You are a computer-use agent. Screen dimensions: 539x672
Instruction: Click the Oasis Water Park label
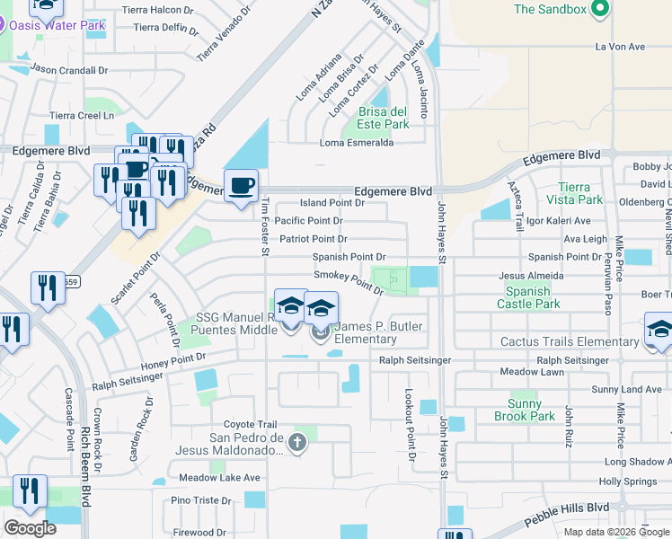tap(57, 25)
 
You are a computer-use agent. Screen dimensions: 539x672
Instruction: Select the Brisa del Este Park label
tap(384, 118)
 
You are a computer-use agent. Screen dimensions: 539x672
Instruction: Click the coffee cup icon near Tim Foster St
tap(241, 186)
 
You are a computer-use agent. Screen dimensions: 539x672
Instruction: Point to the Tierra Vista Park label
tap(574, 193)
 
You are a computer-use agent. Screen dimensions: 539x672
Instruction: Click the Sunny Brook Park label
tap(524, 410)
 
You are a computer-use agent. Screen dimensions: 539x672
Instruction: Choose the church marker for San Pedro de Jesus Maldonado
tap(297, 442)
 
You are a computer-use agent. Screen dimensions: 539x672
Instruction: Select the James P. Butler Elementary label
tap(365, 332)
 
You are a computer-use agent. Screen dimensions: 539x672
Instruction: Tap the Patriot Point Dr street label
tap(313, 239)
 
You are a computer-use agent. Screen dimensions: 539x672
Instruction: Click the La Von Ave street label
tap(620, 47)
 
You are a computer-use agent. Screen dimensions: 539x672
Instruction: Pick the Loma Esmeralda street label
tap(357, 143)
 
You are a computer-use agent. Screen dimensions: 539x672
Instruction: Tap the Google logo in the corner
tap(30, 528)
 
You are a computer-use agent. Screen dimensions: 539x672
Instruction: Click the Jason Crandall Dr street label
tap(68, 68)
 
